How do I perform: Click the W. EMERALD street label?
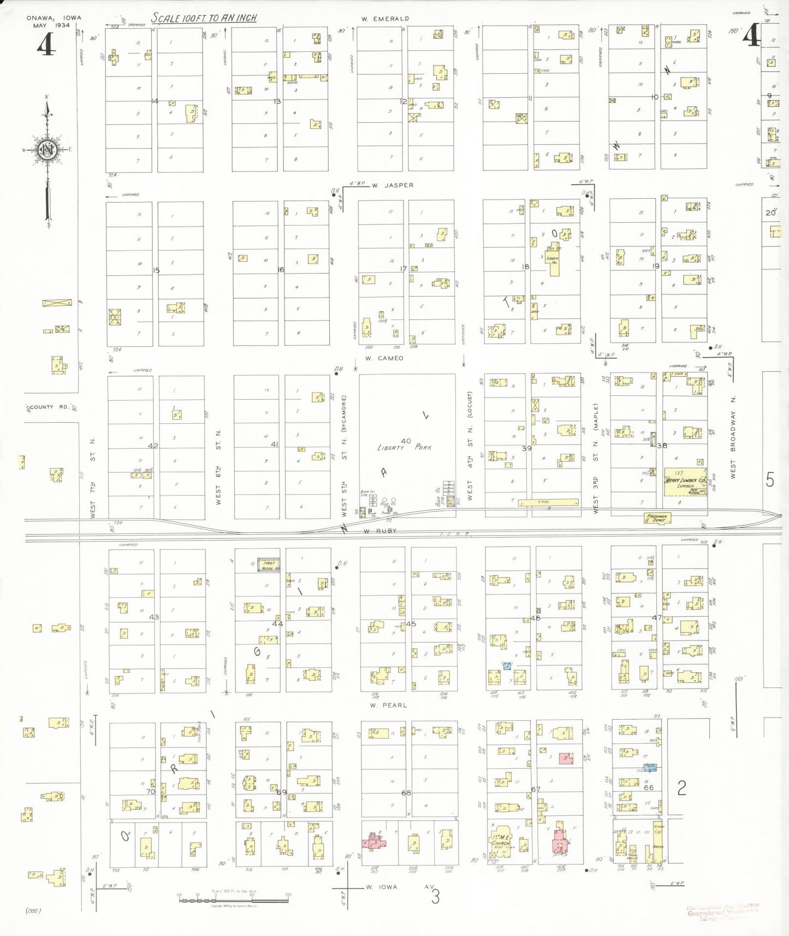point(384,19)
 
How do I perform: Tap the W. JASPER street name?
point(393,186)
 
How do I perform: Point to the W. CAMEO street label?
point(384,359)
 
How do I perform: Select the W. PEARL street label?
point(388,706)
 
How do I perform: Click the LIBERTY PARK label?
point(404,447)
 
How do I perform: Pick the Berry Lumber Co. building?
point(685,482)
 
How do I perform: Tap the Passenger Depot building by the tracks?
point(657,518)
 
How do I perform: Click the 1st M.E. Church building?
point(501,845)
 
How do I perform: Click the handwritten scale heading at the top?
point(204,18)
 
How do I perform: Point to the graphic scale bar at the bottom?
point(234,898)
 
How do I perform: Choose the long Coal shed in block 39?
point(548,502)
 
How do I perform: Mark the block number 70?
point(151,791)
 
